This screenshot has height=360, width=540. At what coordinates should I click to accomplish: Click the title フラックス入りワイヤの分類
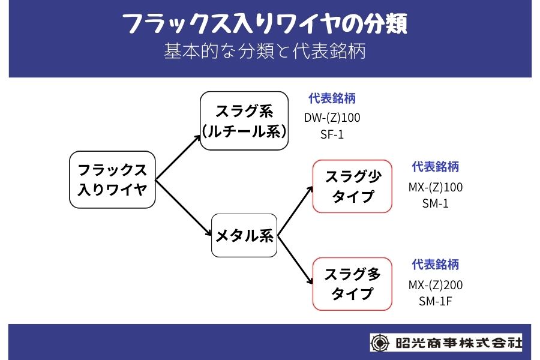pyautogui.click(x=265, y=25)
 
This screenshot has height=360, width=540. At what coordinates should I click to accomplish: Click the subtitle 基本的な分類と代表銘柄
pyautogui.click(x=265, y=52)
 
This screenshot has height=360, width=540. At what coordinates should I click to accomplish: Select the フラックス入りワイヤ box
pyautogui.click(x=112, y=179)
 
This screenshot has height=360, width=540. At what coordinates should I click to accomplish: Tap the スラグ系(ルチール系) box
pyautogui.click(x=244, y=121)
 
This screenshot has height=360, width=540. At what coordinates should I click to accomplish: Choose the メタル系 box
pyautogui.click(x=244, y=236)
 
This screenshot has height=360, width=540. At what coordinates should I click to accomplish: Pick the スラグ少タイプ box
pyautogui.click(x=352, y=186)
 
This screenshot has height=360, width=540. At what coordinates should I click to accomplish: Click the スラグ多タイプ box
pyautogui.click(x=352, y=284)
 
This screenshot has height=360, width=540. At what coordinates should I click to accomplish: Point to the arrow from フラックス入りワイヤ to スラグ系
pyautogui.click(x=179, y=157)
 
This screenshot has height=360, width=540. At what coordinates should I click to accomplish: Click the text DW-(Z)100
pyautogui.click(x=332, y=118)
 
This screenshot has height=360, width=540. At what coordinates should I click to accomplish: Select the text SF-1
pyautogui.click(x=332, y=134)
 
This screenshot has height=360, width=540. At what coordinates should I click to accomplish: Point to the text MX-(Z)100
pyautogui.click(x=436, y=187)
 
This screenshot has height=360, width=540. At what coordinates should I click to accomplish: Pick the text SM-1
pyautogui.click(x=436, y=203)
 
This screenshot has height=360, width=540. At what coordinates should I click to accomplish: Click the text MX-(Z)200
pyautogui.click(x=436, y=284)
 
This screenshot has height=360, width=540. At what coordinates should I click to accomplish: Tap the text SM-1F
pyautogui.click(x=436, y=301)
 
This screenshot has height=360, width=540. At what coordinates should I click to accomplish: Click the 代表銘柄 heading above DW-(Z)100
pyautogui.click(x=332, y=98)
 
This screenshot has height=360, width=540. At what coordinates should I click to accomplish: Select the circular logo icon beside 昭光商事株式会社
pyautogui.click(x=380, y=343)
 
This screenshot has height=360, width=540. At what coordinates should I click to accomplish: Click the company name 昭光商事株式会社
pyautogui.click(x=458, y=343)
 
